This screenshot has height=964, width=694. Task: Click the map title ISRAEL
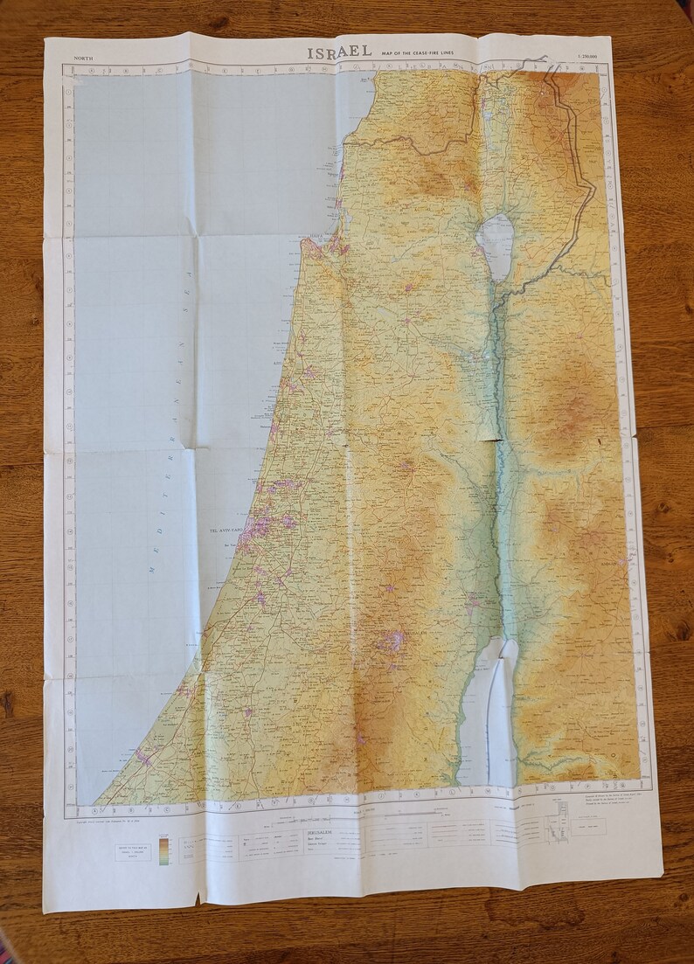(x=340, y=52)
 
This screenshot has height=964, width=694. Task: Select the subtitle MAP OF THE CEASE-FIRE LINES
(x=430, y=54)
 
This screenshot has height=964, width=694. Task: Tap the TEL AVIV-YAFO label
(x=224, y=530)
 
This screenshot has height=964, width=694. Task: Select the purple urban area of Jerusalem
(x=391, y=642)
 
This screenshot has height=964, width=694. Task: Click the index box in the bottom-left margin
(x=133, y=852)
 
